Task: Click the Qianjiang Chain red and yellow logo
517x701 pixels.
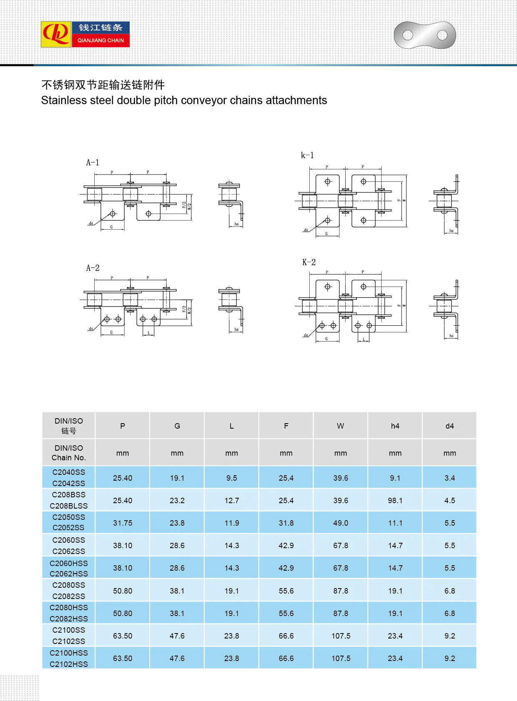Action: pos(56,34)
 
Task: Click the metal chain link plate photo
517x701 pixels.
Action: pos(424,35)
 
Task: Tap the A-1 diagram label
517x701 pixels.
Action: pos(93,162)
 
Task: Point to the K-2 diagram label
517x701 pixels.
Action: pos(309,262)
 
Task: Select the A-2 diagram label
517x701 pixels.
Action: pos(93,268)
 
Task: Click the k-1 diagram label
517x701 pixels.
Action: pos(307,155)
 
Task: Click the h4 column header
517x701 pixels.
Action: pos(395,426)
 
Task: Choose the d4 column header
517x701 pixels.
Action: pos(449,426)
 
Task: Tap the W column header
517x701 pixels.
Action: pos(341,426)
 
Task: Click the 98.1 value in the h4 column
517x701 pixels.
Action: pos(395,500)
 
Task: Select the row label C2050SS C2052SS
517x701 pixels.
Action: pos(69,522)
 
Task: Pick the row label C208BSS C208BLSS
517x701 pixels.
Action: pos(69,500)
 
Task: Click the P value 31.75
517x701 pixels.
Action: pos(123,523)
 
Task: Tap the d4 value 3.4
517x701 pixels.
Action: pos(449,478)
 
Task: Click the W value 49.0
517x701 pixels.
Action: pos(341,523)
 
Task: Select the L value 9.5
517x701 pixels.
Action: pos(231,478)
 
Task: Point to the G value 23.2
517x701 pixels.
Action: pos(177,500)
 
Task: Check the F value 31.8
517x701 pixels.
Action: pos(286,523)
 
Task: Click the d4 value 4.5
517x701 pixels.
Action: pos(449,500)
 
